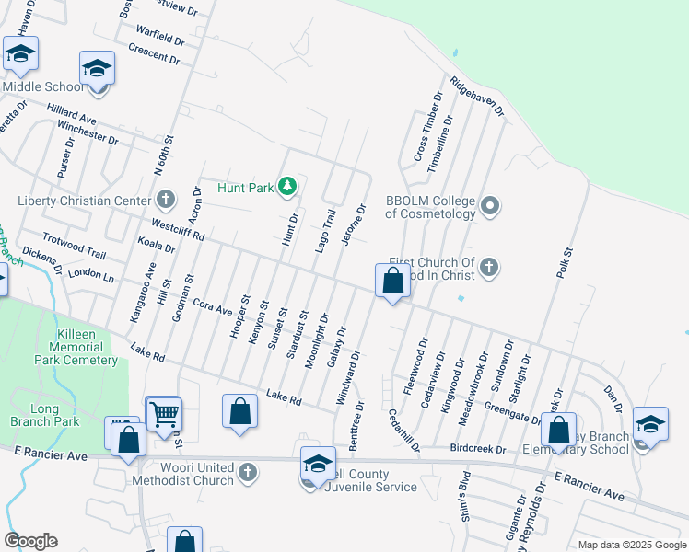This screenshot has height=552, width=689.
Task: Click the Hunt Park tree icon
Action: click(x=288, y=188)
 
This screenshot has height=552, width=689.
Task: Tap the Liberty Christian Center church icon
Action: click(x=166, y=200)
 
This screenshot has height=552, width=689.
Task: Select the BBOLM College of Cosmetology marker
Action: click(x=490, y=206)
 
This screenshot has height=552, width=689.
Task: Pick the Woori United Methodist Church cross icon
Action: click(x=246, y=473)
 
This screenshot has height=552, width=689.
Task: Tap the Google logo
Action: click(x=30, y=541)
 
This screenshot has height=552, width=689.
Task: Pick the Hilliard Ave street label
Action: click(x=70, y=119)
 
